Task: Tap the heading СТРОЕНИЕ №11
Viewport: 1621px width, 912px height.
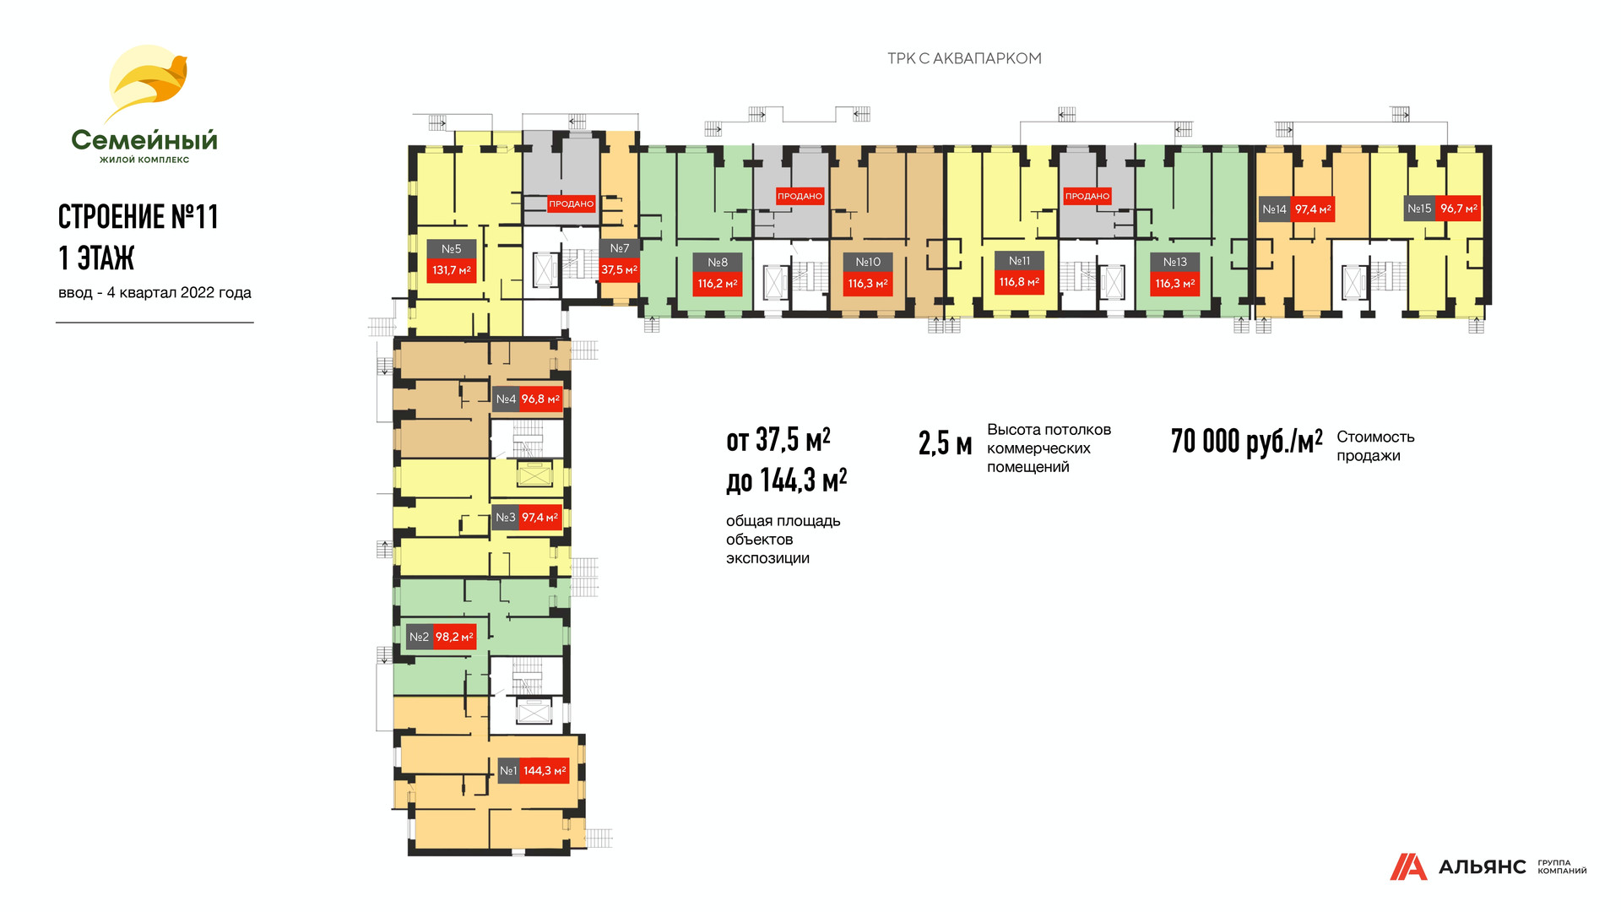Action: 138,217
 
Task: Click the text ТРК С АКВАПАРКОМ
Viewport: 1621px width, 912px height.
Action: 964,58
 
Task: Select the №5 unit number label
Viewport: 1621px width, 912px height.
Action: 452,249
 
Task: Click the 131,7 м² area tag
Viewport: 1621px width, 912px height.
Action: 452,270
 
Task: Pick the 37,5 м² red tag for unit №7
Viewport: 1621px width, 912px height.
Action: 619,269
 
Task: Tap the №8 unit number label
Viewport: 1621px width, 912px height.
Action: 718,263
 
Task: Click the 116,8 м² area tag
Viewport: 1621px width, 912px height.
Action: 1019,282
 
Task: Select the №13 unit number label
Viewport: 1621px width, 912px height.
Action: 1174,263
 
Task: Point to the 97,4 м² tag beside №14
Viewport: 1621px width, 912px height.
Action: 1313,209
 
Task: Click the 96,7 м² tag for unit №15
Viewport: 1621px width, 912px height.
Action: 1458,209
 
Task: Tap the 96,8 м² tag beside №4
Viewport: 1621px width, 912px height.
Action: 540,399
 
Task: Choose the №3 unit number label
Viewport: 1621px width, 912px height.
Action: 505,518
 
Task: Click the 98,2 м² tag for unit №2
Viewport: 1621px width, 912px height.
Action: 454,638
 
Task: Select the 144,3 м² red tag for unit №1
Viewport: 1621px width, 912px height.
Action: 545,771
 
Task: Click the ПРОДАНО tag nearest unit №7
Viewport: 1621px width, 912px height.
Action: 572,204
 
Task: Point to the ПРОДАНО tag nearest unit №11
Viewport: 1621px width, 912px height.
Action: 1087,196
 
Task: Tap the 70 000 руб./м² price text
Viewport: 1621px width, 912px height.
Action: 1246,442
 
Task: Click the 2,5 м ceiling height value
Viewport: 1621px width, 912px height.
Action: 945,444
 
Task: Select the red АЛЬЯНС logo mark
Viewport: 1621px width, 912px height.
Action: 1407,867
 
